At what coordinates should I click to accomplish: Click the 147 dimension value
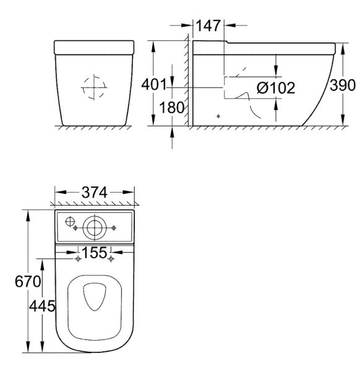(208, 26)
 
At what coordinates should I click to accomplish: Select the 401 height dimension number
(154, 85)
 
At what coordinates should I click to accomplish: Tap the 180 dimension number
(171, 107)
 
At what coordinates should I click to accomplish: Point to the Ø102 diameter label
(276, 88)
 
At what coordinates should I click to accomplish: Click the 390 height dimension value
(343, 85)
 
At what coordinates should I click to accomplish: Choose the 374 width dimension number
(95, 193)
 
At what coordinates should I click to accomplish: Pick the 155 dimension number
(95, 253)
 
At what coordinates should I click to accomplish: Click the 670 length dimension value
(28, 282)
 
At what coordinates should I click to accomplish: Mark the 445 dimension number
(42, 306)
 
